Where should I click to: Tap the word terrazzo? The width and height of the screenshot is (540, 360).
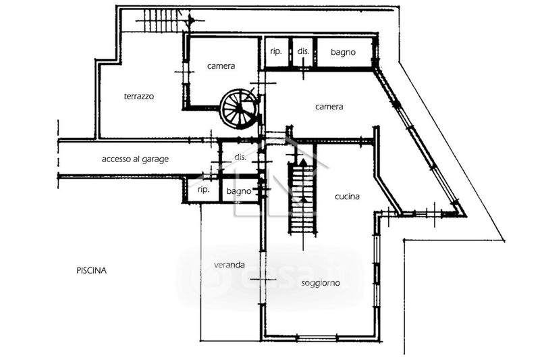139,97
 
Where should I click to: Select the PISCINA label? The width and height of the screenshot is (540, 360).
91,270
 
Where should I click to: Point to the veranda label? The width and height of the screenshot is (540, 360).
230,265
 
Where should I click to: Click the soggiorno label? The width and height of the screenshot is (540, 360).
321,283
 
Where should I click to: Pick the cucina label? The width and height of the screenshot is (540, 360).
347,197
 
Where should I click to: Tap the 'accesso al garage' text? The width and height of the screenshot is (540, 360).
135,159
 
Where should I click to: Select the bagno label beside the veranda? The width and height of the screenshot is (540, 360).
239,191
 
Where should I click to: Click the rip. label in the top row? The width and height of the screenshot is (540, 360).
275,51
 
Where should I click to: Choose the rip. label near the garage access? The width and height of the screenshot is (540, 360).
203,191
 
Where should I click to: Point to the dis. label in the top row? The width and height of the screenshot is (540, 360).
303,51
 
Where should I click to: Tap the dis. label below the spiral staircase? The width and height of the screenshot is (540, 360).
240,158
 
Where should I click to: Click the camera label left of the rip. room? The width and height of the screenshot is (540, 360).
221,66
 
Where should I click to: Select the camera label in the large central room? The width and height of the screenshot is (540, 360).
329,107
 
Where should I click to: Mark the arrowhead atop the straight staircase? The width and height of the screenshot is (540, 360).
302,161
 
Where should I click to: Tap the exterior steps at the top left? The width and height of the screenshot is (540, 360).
164,21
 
